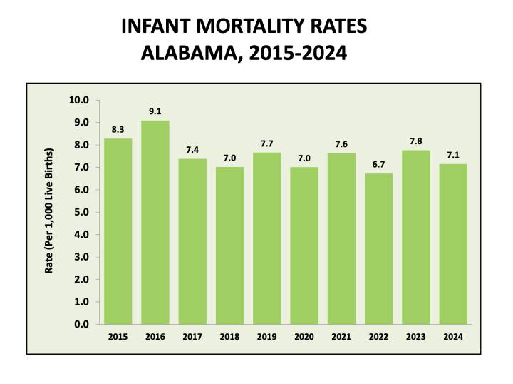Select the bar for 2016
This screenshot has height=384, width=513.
(155, 222)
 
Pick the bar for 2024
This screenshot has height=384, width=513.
(453, 244)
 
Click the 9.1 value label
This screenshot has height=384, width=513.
(155, 111)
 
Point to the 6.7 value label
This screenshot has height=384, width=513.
(378, 165)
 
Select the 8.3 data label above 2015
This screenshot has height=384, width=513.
(118, 129)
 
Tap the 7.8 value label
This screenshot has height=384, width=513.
(416, 141)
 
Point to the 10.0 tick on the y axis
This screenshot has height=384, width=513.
(78, 100)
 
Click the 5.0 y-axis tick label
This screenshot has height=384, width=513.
(81, 212)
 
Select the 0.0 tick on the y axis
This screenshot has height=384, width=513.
(81, 324)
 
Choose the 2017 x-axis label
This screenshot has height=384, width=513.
(192, 336)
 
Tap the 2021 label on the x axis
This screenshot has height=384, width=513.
(341, 336)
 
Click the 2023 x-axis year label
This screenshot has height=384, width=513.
(416, 336)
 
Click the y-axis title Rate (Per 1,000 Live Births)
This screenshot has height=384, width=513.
(49, 212)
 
